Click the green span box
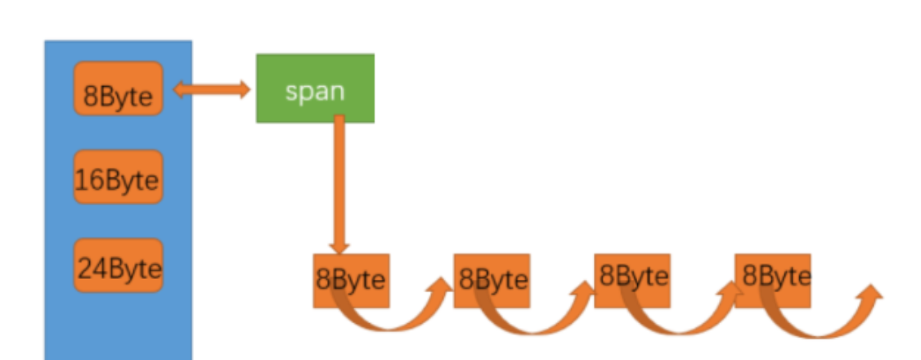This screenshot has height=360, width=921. point(315,88)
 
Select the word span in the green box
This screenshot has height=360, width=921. point(315,91)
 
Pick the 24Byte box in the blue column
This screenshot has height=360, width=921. point(118,266)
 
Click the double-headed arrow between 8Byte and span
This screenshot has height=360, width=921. point(211,89)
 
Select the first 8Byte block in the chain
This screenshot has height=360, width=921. point(350,281)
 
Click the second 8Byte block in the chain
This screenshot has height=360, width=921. point(492,281)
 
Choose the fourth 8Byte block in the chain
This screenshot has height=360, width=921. point(773,279)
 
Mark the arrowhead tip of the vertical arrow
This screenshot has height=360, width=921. point(340,250)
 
